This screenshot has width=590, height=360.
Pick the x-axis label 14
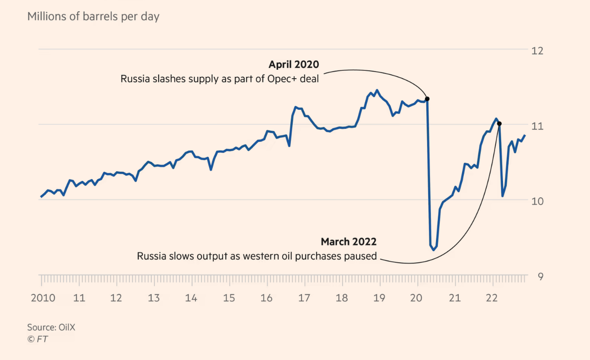191,298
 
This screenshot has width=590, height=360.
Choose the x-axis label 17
304,298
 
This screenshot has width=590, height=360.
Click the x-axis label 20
417,298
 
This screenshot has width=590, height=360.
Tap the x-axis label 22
492,298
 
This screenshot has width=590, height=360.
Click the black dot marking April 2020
427,99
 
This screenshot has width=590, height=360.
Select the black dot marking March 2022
499,123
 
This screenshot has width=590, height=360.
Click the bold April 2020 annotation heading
294,64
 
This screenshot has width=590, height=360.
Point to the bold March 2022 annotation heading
349,241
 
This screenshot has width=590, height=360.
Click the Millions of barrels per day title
93,17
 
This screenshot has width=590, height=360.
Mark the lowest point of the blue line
434,250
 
